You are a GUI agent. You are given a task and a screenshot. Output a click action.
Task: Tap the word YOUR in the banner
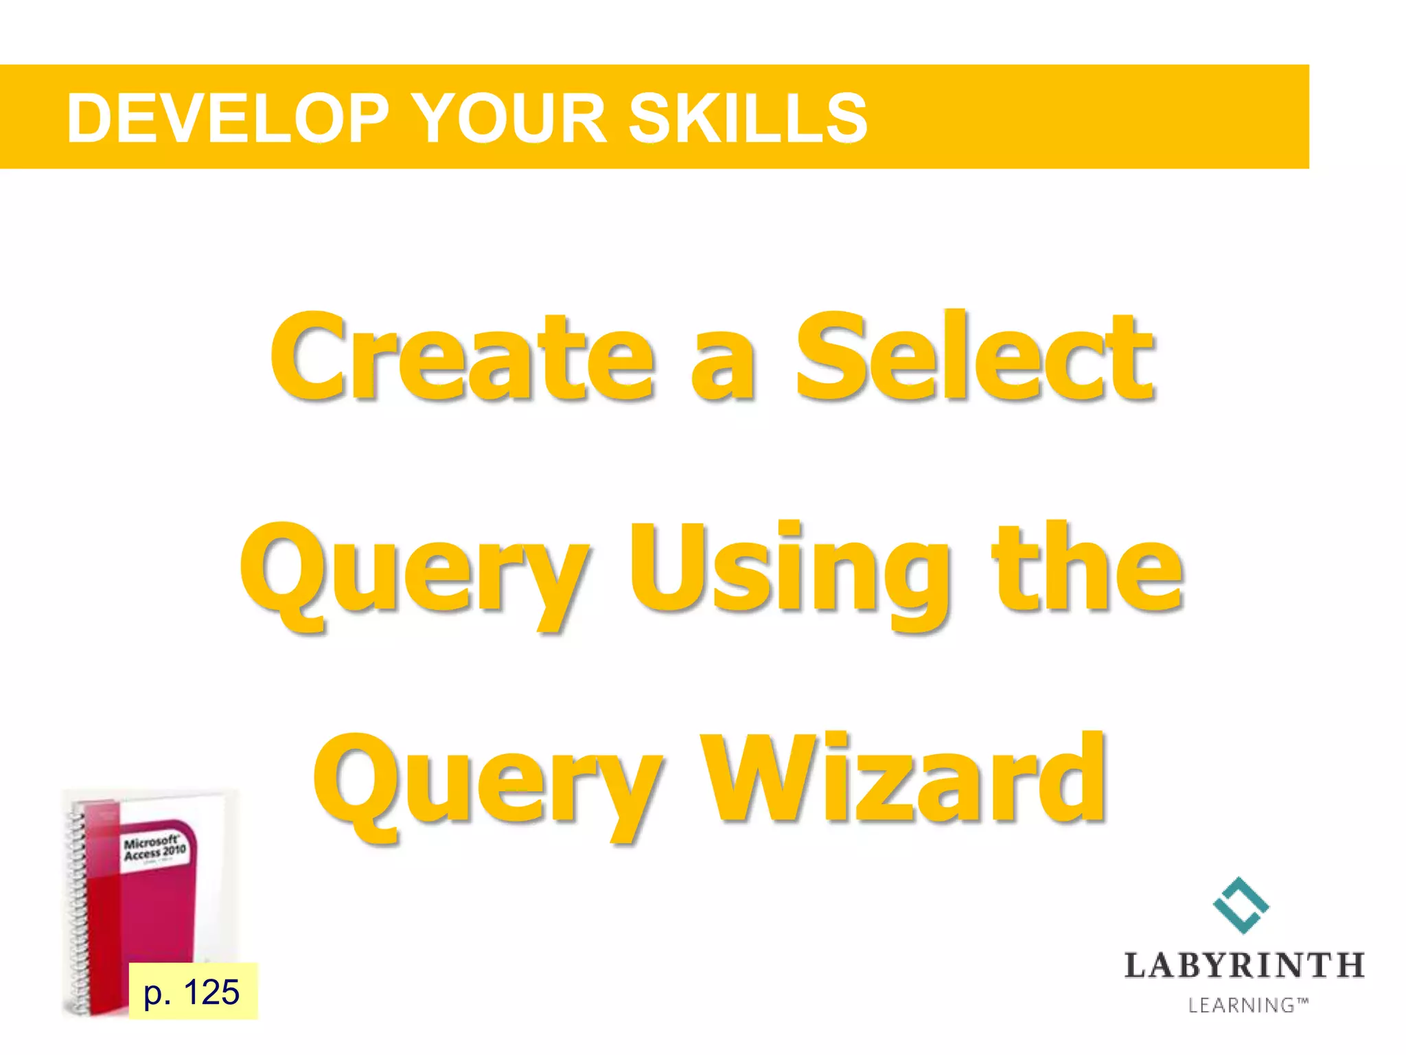click(511, 119)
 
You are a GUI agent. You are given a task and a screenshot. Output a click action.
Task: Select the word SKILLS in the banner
click(748, 119)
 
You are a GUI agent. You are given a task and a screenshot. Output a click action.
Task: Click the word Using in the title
click(790, 570)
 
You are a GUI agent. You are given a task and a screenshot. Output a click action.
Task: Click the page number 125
click(211, 992)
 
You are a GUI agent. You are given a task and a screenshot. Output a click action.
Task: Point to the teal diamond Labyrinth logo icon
click(1241, 905)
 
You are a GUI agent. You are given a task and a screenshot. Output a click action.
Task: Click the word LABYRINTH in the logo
click(1243, 965)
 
